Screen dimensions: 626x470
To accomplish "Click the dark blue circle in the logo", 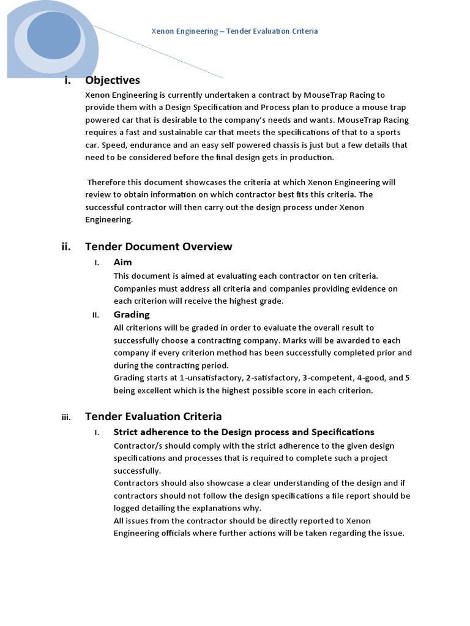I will tap(54, 35).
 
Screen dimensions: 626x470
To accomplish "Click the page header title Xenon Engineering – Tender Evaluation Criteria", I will tap(234, 31).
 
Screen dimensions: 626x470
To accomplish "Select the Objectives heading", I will tap(113, 80).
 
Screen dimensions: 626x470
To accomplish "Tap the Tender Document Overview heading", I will tap(159, 246).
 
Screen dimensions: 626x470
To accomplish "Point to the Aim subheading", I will tap(123, 262).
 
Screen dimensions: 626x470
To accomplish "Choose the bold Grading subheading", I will tap(132, 314).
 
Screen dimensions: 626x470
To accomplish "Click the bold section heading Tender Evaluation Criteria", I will tap(153, 416).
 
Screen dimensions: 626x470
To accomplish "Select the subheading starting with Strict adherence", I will tap(244, 432).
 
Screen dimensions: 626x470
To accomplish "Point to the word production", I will tap(311, 158).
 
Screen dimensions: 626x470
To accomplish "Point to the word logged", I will tap(127, 508).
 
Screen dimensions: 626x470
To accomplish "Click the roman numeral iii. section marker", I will tap(66, 418).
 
